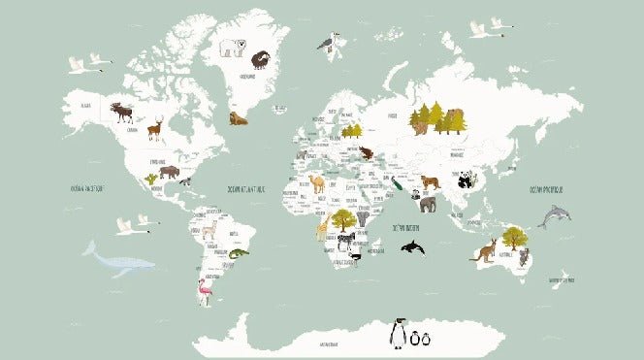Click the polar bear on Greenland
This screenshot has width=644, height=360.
tap(232, 47)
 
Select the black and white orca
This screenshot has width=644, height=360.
tap(412, 248)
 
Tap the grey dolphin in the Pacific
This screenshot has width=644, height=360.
tap(554, 216)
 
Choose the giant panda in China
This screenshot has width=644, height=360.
tap(467, 179)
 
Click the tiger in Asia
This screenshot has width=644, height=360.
tap(430, 181)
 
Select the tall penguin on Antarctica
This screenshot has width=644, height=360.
tap(397, 333)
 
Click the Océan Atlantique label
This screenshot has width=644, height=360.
tap(244, 189)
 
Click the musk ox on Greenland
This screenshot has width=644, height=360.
tap(260, 59)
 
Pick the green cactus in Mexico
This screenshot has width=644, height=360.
tap(150, 179)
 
